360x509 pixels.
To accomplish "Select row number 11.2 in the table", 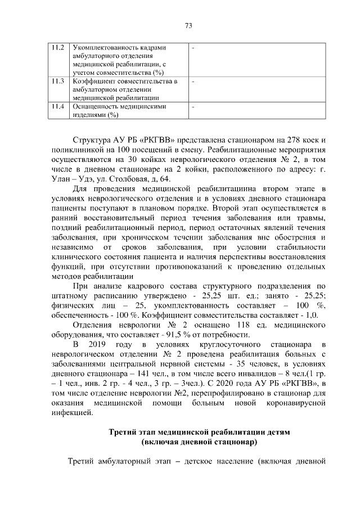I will tap(57, 48).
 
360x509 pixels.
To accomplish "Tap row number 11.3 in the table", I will tap(57, 82).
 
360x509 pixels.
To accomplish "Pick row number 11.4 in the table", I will tap(57, 106).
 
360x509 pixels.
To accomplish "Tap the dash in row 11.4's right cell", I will tap(193, 106).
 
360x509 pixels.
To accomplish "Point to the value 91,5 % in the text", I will tap(174, 319).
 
